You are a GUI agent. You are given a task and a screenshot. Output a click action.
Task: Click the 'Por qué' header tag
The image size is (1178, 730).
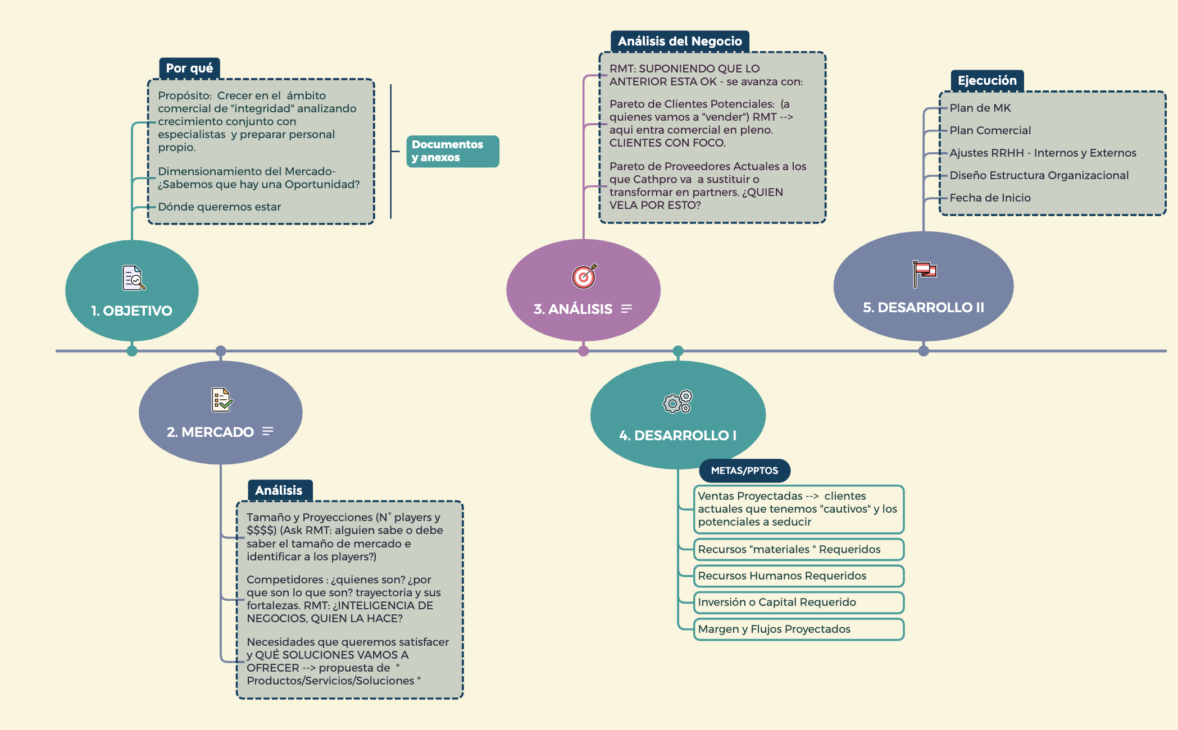189,69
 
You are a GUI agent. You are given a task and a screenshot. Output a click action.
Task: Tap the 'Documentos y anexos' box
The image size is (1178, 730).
452,151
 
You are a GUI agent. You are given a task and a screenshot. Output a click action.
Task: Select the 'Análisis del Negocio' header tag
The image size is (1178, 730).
679,41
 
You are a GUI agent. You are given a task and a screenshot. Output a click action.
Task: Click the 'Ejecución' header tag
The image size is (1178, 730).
986,80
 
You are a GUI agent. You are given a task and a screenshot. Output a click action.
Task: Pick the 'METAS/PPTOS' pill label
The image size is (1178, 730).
744,471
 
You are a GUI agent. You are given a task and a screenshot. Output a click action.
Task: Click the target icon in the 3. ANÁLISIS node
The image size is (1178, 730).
584,276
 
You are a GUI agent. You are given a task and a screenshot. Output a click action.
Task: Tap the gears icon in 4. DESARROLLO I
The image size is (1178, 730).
677,401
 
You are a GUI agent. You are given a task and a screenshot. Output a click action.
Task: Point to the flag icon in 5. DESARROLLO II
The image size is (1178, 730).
924,273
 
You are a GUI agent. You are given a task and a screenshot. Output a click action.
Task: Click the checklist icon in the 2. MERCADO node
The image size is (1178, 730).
221,400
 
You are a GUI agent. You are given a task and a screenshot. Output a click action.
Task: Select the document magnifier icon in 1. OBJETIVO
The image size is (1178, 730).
134,278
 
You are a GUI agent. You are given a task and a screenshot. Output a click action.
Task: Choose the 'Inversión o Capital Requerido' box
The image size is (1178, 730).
798,603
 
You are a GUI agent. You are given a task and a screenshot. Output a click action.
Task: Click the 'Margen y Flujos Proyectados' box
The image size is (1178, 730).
798,629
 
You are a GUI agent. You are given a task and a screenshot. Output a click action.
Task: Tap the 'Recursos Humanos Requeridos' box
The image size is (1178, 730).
798,576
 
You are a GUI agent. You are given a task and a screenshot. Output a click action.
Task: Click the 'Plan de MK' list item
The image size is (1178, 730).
980,108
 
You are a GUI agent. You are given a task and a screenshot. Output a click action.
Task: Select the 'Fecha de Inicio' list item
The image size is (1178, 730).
990,198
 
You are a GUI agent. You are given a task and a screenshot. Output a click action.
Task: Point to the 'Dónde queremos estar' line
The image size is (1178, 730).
219,207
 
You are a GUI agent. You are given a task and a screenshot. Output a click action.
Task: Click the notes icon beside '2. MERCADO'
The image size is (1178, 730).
268,431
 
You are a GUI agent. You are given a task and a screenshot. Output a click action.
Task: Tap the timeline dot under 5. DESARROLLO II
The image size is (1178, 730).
924,351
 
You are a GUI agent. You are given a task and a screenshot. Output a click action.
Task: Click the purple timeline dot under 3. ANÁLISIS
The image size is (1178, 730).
584,351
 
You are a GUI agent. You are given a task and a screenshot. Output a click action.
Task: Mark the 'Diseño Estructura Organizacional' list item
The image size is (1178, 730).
1039,175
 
